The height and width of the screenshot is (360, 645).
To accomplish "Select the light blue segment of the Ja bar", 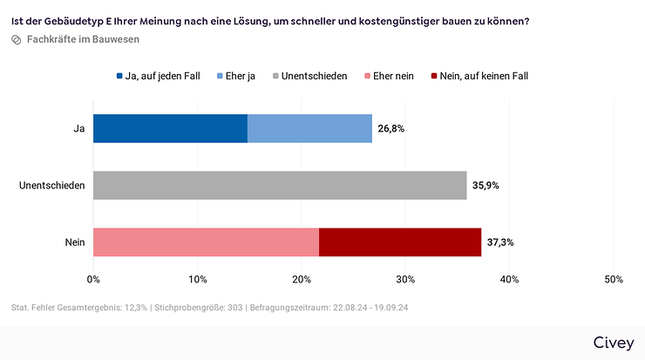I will pyautogui.click(x=309, y=128).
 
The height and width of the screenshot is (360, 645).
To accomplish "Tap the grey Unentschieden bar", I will pyautogui.click(x=280, y=185).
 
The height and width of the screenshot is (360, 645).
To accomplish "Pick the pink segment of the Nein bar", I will pyautogui.click(x=206, y=241).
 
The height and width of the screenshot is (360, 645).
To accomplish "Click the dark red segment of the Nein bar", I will pyautogui.click(x=400, y=241).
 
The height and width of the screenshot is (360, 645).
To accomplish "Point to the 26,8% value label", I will pyautogui.click(x=391, y=128).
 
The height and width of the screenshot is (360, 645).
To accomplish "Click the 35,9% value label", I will pyautogui.click(x=485, y=185).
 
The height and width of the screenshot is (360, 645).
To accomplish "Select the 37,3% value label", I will pyautogui.click(x=500, y=241).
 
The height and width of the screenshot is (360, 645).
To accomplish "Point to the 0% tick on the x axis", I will pyautogui.click(x=93, y=280).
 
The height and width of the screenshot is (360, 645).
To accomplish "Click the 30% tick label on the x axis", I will pyautogui.click(x=405, y=280).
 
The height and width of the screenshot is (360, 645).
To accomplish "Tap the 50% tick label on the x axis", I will pyautogui.click(x=613, y=280).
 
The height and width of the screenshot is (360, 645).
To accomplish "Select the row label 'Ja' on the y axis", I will pyautogui.click(x=78, y=128).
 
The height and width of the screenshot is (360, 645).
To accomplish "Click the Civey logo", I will pyautogui.click(x=613, y=343).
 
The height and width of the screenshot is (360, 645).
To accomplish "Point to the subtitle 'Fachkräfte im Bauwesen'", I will pyautogui.click(x=83, y=39).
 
